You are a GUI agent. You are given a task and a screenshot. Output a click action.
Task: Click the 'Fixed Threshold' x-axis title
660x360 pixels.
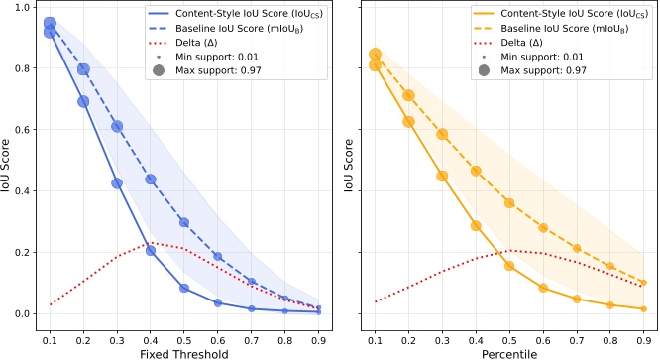point(184,352)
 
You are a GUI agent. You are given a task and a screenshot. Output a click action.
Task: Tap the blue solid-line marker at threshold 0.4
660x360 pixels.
point(151,251)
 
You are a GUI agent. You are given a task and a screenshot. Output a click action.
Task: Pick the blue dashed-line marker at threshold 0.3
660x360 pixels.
point(117,127)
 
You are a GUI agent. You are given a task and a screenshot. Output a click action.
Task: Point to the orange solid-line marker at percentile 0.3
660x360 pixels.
point(442,176)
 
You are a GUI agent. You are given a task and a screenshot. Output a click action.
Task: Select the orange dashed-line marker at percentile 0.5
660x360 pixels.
point(509,203)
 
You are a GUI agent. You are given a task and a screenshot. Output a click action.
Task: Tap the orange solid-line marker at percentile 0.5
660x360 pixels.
point(509,266)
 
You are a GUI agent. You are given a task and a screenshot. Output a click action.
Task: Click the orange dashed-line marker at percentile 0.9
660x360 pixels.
point(644,283)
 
